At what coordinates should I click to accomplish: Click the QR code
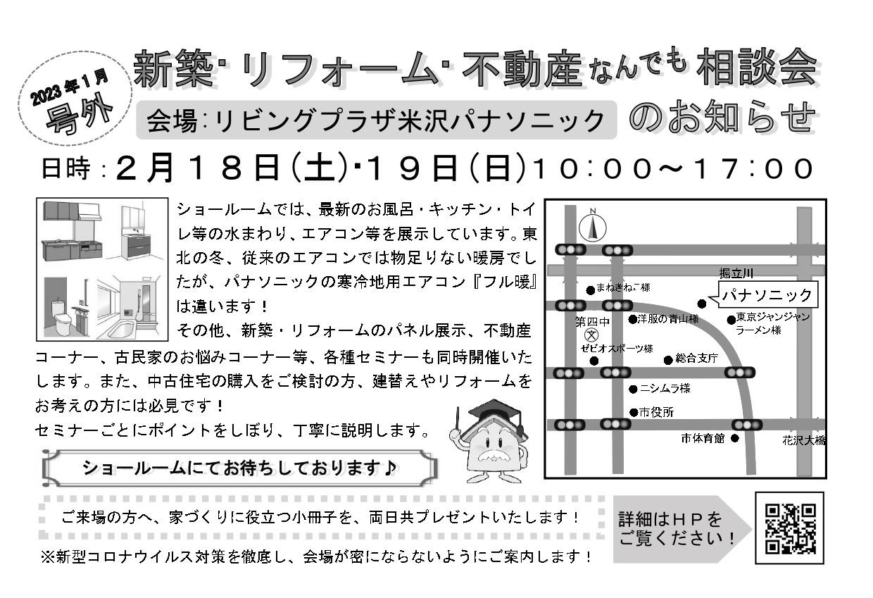pyautogui.click(x=790, y=528)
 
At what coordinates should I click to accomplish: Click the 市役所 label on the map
pyautogui.click(x=656, y=413)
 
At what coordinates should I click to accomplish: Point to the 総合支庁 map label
pyautogui.click(x=696, y=359)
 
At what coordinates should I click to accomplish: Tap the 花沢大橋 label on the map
pyautogui.click(x=803, y=440)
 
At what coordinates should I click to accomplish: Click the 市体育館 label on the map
pyautogui.click(x=702, y=438)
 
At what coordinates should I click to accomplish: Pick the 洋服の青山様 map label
pyautogui.click(x=667, y=319)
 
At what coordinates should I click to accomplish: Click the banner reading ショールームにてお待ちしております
pyautogui.click(x=239, y=468)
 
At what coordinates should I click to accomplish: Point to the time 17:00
pyautogui.click(x=765, y=168)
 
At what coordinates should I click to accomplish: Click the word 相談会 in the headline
pyautogui.click(x=758, y=69)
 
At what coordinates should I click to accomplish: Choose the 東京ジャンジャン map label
pyautogui.click(x=773, y=317)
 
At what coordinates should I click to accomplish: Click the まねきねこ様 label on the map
pyautogui.click(x=622, y=288)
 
